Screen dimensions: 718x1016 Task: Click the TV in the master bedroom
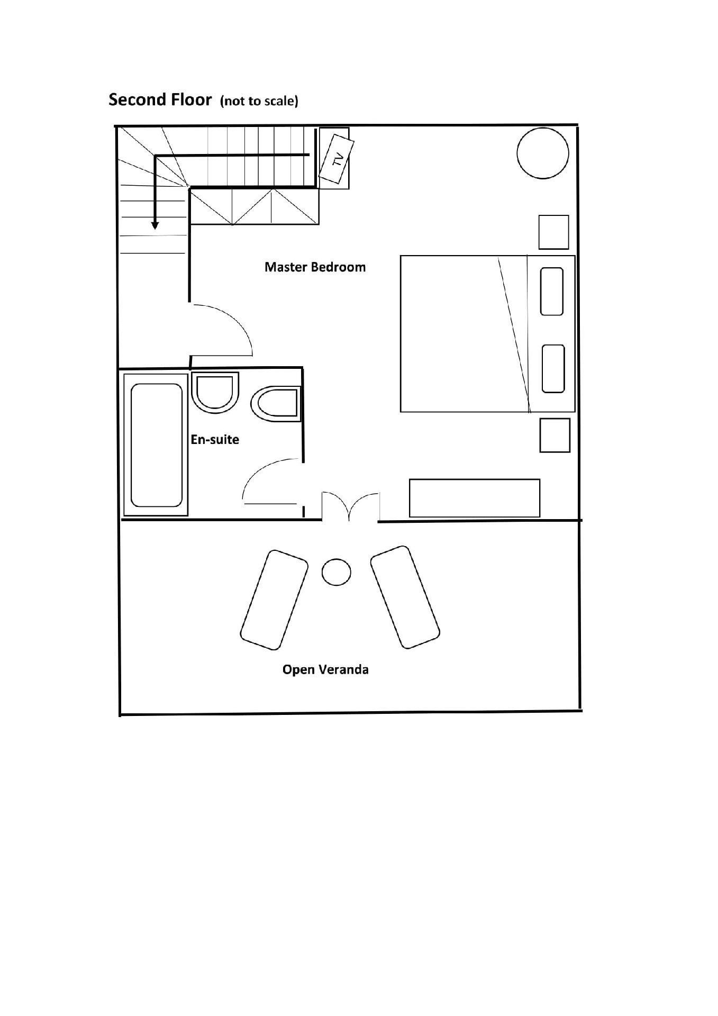pyautogui.click(x=337, y=159)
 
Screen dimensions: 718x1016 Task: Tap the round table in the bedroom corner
pyautogui.click(x=543, y=153)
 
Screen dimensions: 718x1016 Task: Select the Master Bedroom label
pyautogui.click(x=315, y=267)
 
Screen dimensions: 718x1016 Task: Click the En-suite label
pyautogui.click(x=215, y=439)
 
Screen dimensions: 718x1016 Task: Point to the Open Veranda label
pyautogui.click(x=325, y=669)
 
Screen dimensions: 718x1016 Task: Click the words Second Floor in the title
pyautogui.click(x=160, y=99)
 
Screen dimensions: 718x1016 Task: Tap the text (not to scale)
pyautogui.click(x=259, y=101)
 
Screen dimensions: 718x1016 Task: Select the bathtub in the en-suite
pyautogui.click(x=156, y=444)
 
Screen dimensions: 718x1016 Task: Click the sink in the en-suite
pyautogui.click(x=215, y=393)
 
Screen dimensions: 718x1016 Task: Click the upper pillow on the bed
pyautogui.click(x=551, y=292)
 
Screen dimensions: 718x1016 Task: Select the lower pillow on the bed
pyautogui.click(x=553, y=369)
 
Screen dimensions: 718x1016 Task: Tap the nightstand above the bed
pyautogui.click(x=554, y=232)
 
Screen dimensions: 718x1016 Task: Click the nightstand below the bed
pyautogui.click(x=555, y=436)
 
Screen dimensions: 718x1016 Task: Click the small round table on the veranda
pyautogui.click(x=337, y=572)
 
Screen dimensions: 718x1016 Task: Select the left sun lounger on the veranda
pyautogui.click(x=274, y=600)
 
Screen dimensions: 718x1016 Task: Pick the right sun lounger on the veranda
pyautogui.click(x=405, y=597)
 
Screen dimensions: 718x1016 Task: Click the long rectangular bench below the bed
pyautogui.click(x=475, y=498)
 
